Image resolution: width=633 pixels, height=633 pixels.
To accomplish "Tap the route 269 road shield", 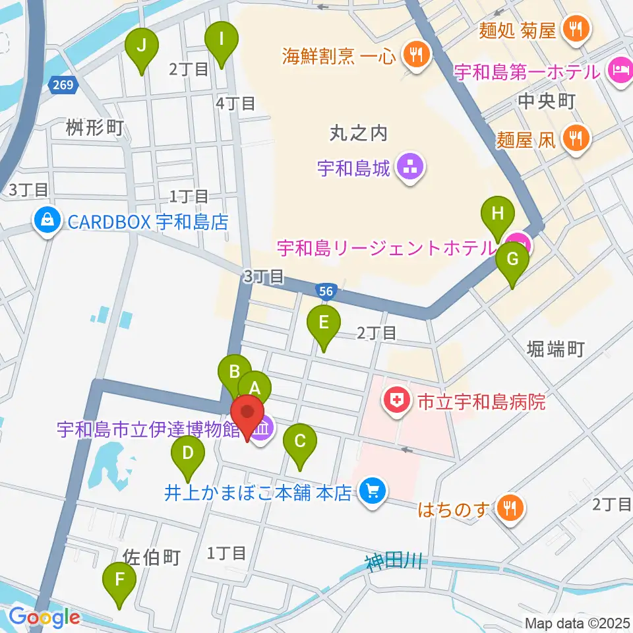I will pos(64,84).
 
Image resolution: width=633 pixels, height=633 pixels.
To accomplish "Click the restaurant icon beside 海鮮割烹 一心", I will pos(416,55).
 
